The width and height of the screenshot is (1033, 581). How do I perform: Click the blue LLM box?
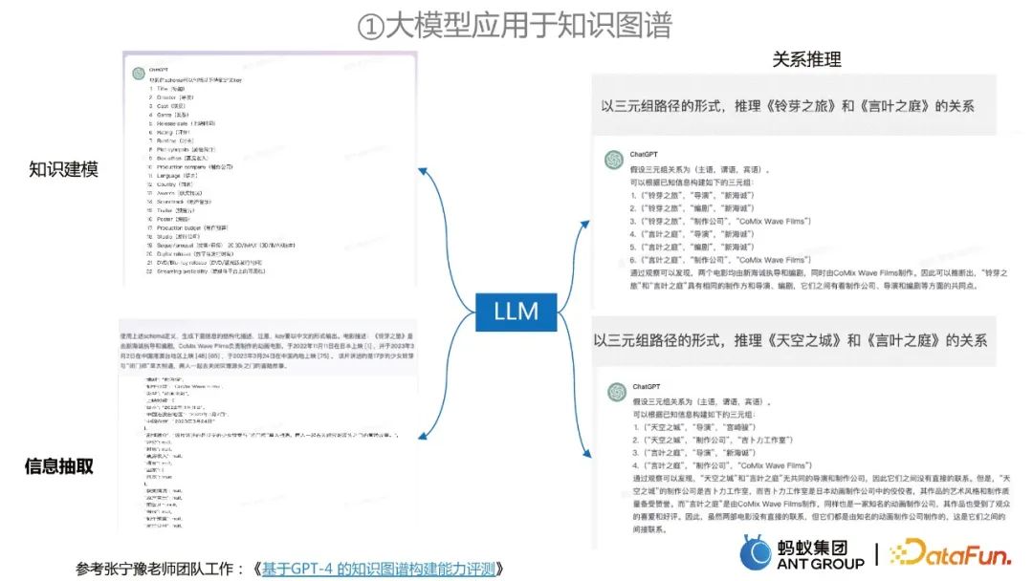point(516,310)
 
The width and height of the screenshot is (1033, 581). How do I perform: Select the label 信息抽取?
point(59,466)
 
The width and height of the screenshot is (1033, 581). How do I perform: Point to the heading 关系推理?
point(806,59)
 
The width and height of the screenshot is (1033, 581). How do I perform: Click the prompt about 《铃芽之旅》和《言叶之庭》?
point(787,106)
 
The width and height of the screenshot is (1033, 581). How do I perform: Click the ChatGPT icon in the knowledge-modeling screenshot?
point(140,73)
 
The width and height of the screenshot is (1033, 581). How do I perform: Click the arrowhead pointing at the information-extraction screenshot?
point(424,434)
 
